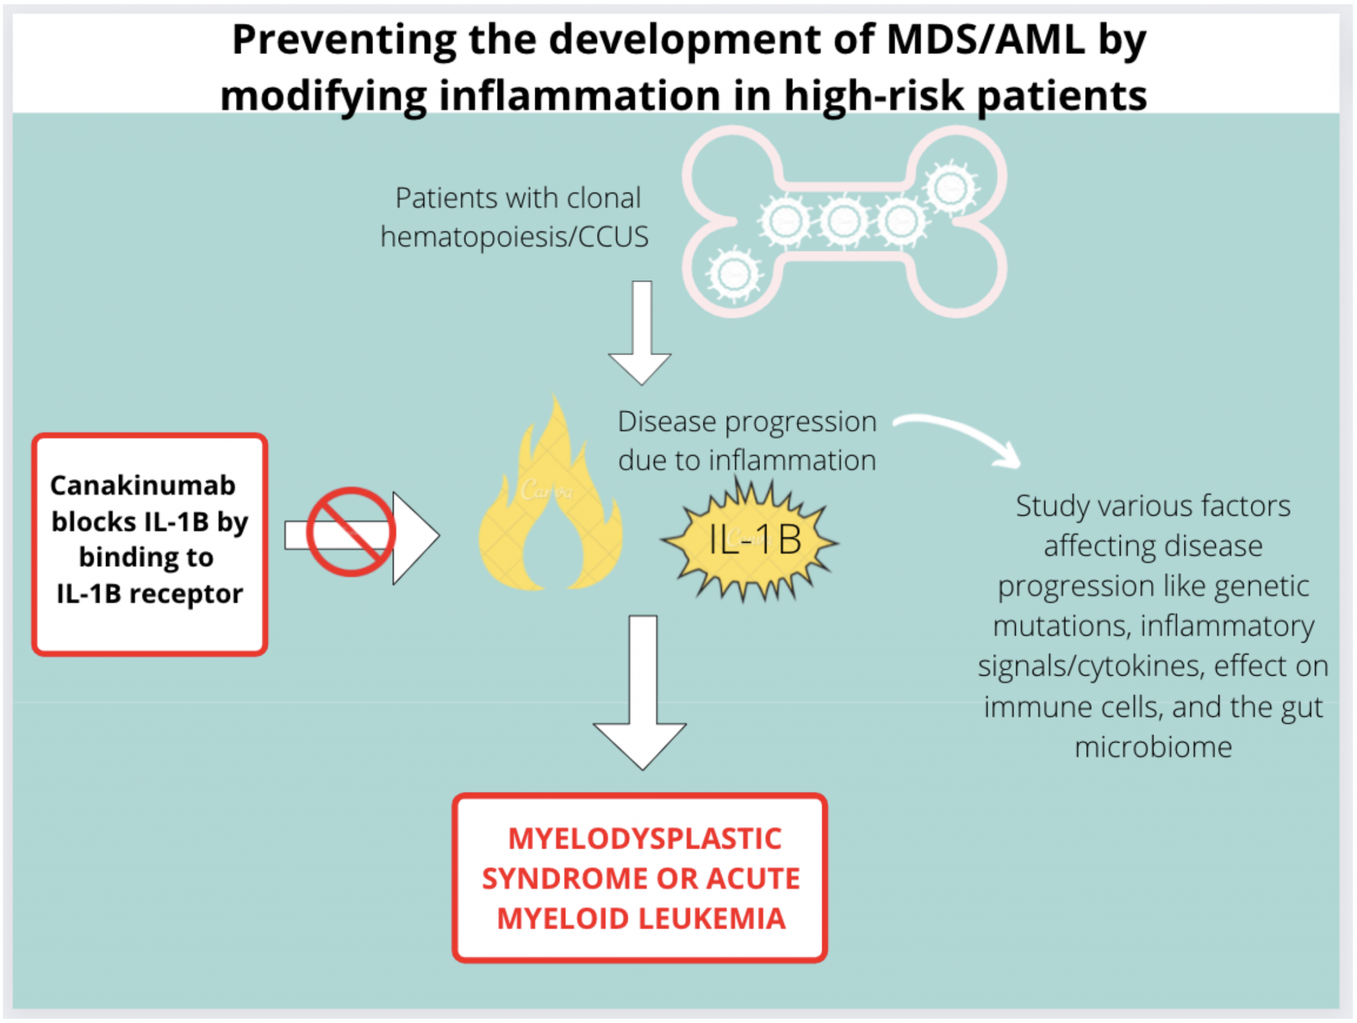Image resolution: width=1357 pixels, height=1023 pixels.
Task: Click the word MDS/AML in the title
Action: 986,40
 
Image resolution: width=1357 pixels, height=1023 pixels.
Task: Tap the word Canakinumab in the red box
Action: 143,486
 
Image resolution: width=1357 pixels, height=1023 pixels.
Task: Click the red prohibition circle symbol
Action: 351,532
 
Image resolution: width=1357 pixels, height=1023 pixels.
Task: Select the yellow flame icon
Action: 550,504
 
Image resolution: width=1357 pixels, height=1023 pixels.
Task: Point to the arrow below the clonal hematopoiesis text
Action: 641,331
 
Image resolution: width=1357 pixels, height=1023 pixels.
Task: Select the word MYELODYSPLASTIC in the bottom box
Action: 645,839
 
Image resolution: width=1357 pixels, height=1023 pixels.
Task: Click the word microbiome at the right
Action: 1153,747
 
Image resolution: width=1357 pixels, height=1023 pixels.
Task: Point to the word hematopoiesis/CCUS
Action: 514,237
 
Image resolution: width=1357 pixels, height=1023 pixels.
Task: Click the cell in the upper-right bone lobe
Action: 951,188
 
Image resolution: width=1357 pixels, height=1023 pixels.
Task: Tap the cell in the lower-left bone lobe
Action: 734,274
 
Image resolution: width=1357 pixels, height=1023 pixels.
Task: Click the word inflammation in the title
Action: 579,96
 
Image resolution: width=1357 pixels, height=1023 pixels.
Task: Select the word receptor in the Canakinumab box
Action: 186,594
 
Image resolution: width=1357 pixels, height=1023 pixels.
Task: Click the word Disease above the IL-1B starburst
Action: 667,422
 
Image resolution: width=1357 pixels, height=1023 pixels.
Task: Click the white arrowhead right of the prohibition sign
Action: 414,537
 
